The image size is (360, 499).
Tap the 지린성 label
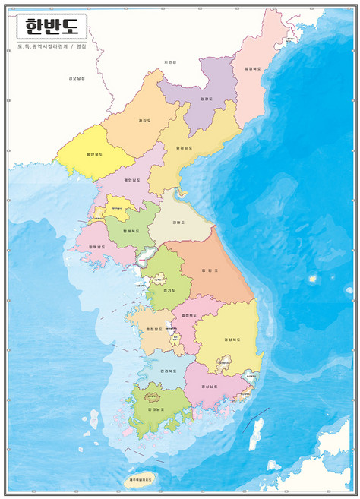click(x=169, y=62)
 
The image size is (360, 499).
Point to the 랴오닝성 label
click(x=77, y=78)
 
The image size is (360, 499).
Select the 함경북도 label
click(x=253, y=68)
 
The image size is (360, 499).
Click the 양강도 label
click(x=205, y=99)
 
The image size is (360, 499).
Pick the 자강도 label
click(x=144, y=120)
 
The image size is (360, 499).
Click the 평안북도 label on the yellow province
click(x=95, y=153)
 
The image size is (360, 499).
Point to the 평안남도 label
click(x=129, y=181)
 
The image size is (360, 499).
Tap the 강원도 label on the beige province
click(x=179, y=222)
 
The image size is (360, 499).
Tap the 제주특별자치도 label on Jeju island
click(x=138, y=480)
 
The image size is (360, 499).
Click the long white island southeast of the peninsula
click(x=256, y=434)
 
